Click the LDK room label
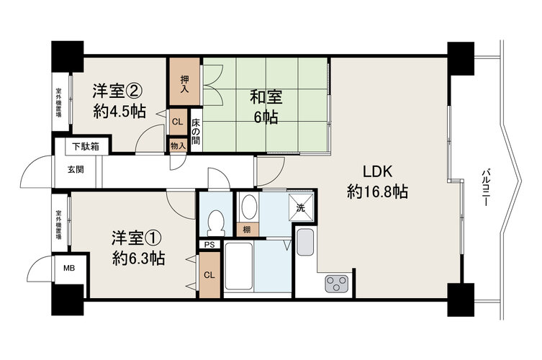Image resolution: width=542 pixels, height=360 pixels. [377, 172]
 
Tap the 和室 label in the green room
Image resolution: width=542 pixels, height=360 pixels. [266, 97]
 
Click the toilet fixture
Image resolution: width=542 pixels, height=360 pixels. [216, 222]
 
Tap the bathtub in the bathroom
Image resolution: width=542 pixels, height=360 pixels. [238, 266]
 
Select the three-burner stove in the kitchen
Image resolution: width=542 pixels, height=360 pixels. [336, 283]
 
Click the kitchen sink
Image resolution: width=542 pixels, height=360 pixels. [305, 243]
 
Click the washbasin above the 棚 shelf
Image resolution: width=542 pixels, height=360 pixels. [249, 207]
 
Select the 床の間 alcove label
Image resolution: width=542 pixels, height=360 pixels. [196, 132]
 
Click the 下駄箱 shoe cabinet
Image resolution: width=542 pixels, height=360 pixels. [86, 146]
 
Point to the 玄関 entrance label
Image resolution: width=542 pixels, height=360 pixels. [76, 169]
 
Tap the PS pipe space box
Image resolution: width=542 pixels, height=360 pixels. [209, 245]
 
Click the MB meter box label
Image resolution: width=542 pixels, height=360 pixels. [69, 268]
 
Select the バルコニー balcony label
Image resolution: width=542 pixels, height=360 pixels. [487, 187]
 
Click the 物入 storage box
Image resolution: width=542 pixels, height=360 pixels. [178, 145]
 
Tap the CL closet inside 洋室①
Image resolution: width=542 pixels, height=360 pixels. [209, 275]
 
